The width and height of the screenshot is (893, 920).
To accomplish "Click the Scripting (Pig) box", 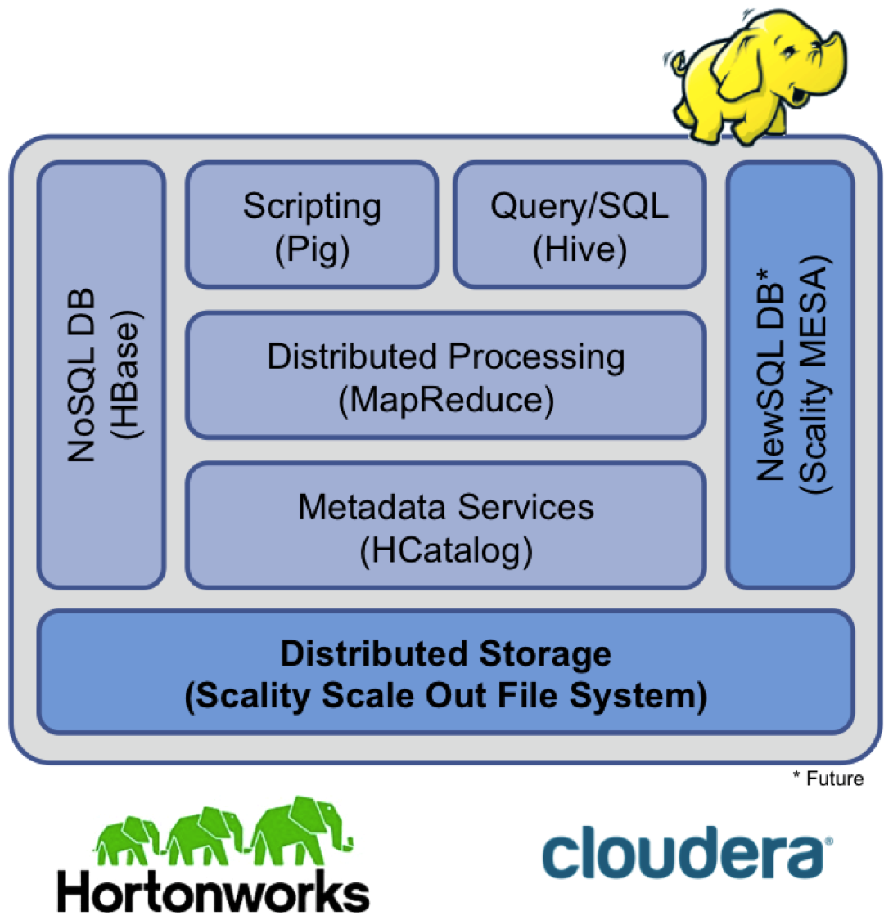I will (x=312, y=225).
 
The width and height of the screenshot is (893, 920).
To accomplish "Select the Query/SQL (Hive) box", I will (x=580, y=225).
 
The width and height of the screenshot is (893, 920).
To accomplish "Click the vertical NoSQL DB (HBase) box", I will (x=101, y=375).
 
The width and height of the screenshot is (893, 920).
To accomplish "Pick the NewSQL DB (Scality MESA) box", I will (x=791, y=375).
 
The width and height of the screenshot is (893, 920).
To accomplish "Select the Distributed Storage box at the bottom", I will (x=446, y=673).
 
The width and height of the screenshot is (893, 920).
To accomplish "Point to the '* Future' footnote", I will (x=828, y=779).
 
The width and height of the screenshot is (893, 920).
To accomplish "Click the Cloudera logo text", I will (x=682, y=854).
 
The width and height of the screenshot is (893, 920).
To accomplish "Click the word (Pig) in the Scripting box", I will (x=312, y=249).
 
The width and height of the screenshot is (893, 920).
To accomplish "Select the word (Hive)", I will (x=580, y=249).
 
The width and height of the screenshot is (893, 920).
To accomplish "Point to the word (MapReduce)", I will (x=446, y=400).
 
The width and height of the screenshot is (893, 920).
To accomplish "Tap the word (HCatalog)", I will (x=446, y=550).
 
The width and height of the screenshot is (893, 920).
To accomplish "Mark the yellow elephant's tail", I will (x=677, y=61).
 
